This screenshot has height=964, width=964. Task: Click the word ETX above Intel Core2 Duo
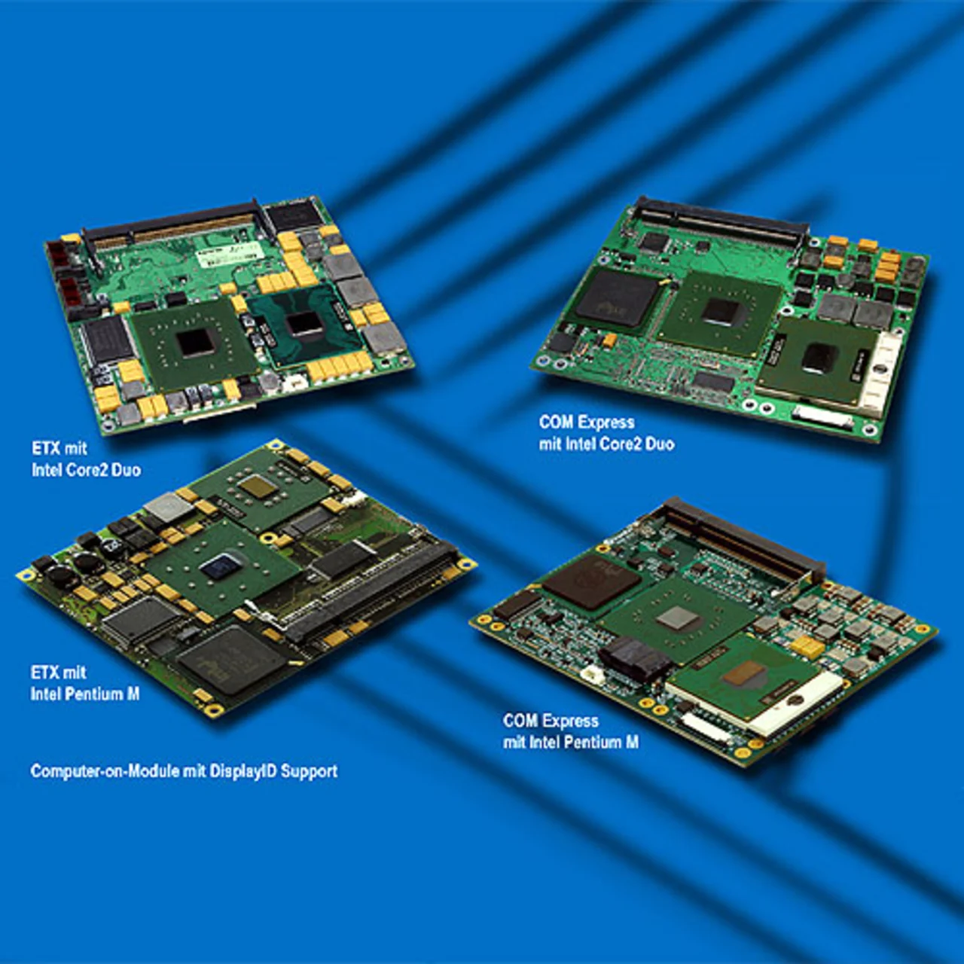44,447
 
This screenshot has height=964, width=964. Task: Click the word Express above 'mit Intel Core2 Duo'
606,423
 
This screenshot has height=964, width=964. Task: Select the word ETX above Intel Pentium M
44,672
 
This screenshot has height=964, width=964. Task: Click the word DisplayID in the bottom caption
239,771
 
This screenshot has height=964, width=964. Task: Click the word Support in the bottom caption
309,771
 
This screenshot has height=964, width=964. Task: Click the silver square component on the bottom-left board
168,507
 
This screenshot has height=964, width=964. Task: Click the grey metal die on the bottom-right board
677,621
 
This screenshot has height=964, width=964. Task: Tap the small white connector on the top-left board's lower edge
294,384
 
